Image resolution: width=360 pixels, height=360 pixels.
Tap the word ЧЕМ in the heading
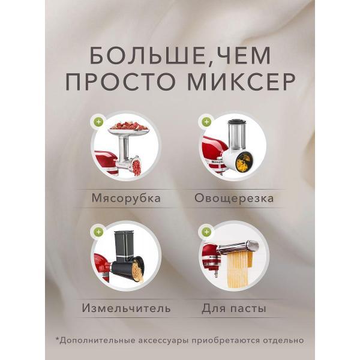coord(238,56)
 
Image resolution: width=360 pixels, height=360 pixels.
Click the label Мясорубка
coord(126,198)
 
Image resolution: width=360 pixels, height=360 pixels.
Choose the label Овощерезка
coord(233,198)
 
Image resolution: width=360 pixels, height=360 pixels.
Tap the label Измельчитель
coord(125,308)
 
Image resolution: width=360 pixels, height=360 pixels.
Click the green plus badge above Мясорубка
coord(98,122)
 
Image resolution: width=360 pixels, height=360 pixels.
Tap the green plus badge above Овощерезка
coord(206,122)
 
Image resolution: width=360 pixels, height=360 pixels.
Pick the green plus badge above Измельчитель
coord(98,231)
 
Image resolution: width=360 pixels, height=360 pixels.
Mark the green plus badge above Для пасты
coord(206,231)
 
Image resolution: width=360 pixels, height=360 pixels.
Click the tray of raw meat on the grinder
coord(127,127)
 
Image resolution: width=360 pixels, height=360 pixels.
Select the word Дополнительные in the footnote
coord(96,340)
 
